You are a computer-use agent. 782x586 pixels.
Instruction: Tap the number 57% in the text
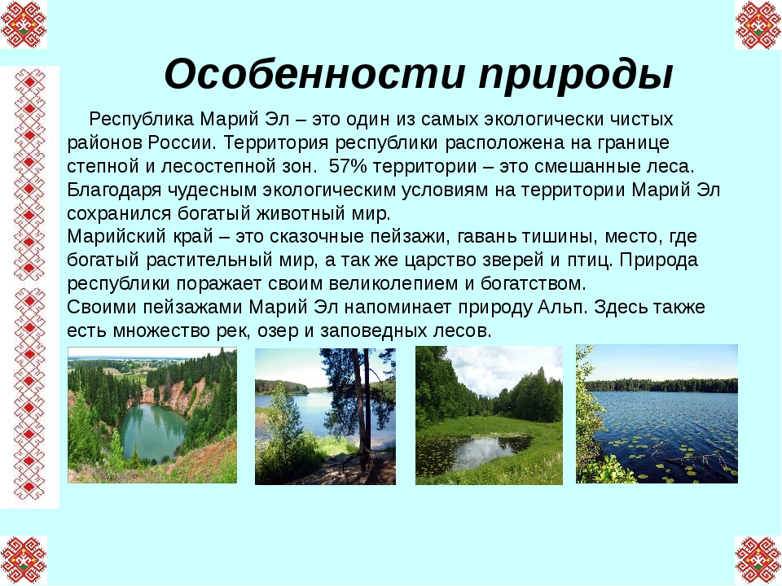pyautogui.click(x=348, y=166)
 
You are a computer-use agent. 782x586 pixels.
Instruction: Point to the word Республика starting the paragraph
pyautogui.click(x=141, y=120)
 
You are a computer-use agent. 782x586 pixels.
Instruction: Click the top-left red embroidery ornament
pyautogui.click(x=24, y=24)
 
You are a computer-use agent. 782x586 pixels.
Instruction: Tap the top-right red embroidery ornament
pyautogui.click(x=758, y=24)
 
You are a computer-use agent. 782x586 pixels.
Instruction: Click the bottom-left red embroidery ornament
pyautogui.click(x=24, y=560)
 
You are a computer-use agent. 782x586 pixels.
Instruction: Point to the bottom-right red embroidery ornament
pyautogui.click(x=758, y=560)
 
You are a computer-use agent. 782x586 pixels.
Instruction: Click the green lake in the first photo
pyautogui.click(x=152, y=431)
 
